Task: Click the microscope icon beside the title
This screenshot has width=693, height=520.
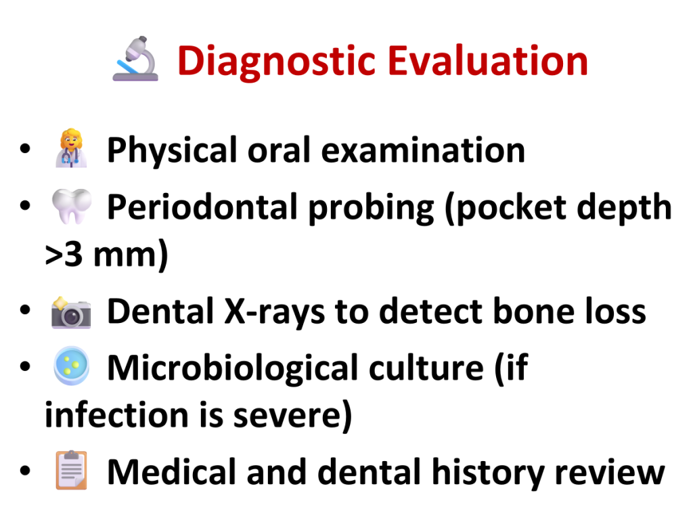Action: click(x=135, y=59)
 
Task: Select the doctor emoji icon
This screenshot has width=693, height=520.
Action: click(x=70, y=148)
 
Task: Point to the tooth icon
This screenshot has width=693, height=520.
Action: click(x=72, y=207)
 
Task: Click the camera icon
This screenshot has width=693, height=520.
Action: click(x=71, y=312)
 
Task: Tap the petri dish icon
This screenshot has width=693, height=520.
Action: click(x=71, y=366)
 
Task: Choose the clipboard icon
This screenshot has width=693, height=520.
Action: click(x=71, y=470)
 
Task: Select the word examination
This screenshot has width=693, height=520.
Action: click(x=423, y=150)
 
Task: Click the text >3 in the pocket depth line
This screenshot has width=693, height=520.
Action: click(x=64, y=255)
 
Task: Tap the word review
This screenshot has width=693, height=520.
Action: click(x=610, y=472)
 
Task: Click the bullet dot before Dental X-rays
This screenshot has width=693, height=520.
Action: click(x=25, y=309)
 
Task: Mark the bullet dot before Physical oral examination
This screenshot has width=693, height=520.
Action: click(x=25, y=148)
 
